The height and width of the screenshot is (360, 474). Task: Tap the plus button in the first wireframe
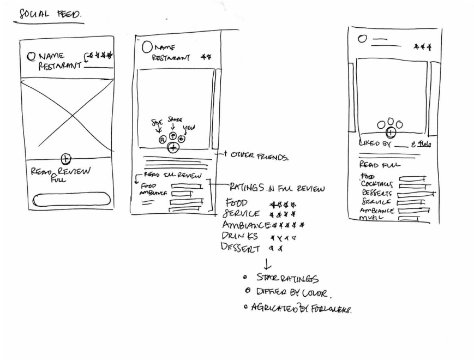pos(65,159)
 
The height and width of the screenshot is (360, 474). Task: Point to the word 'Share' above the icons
pos(176,121)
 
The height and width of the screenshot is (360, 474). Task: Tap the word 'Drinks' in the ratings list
pos(240,236)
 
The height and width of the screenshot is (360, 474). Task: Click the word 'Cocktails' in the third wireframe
pos(377,184)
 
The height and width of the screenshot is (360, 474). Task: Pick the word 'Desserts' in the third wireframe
pos(377,193)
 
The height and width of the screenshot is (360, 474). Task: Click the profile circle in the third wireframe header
pos(362,39)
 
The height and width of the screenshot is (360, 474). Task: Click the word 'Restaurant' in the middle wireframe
pos(172,57)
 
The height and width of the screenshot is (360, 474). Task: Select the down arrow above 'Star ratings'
pos(267,265)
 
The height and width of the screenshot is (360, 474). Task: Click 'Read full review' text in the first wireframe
pos(61,174)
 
